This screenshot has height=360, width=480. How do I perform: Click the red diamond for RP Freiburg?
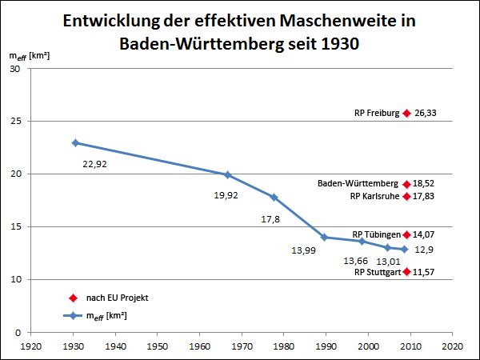tap(406, 114)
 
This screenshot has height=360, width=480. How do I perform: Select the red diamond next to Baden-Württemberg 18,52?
tap(406, 184)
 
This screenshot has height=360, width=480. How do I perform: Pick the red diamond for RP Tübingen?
tap(406, 235)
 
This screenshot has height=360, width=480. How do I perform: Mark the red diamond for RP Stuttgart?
tap(406, 272)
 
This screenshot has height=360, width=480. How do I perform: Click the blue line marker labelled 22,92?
tap(75, 142)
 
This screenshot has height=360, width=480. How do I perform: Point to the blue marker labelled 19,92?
tap(228, 174)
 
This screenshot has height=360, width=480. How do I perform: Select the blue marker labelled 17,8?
tap(274, 197)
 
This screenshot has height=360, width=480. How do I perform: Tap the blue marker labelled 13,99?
tap(324, 238)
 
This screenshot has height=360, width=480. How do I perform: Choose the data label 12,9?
tap(425, 250)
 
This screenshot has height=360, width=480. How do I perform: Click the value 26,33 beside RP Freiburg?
tap(425, 114)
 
